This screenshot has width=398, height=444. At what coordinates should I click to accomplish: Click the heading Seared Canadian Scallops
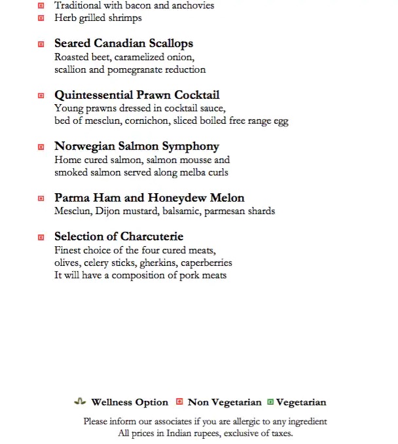(x=124, y=44)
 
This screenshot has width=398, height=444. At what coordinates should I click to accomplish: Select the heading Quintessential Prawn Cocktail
(x=137, y=96)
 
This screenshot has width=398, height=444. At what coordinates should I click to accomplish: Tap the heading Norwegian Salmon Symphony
(x=137, y=147)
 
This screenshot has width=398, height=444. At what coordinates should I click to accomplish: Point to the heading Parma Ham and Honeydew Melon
(x=149, y=198)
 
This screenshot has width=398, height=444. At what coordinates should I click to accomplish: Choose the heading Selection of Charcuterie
(x=118, y=236)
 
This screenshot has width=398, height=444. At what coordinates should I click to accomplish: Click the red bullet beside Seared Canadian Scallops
(x=41, y=44)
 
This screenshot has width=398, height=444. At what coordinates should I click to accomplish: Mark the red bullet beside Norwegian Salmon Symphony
(x=41, y=147)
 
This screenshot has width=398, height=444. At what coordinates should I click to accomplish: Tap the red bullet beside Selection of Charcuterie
(x=41, y=236)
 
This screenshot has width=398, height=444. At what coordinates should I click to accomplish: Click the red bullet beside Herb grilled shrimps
(x=41, y=18)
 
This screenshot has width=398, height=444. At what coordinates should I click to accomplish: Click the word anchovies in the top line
(x=192, y=5)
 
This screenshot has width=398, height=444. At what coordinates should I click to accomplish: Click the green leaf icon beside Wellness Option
(x=80, y=402)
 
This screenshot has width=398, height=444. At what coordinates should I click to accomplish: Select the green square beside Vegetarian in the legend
(x=270, y=402)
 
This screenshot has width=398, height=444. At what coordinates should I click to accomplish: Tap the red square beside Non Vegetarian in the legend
(x=179, y=402)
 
